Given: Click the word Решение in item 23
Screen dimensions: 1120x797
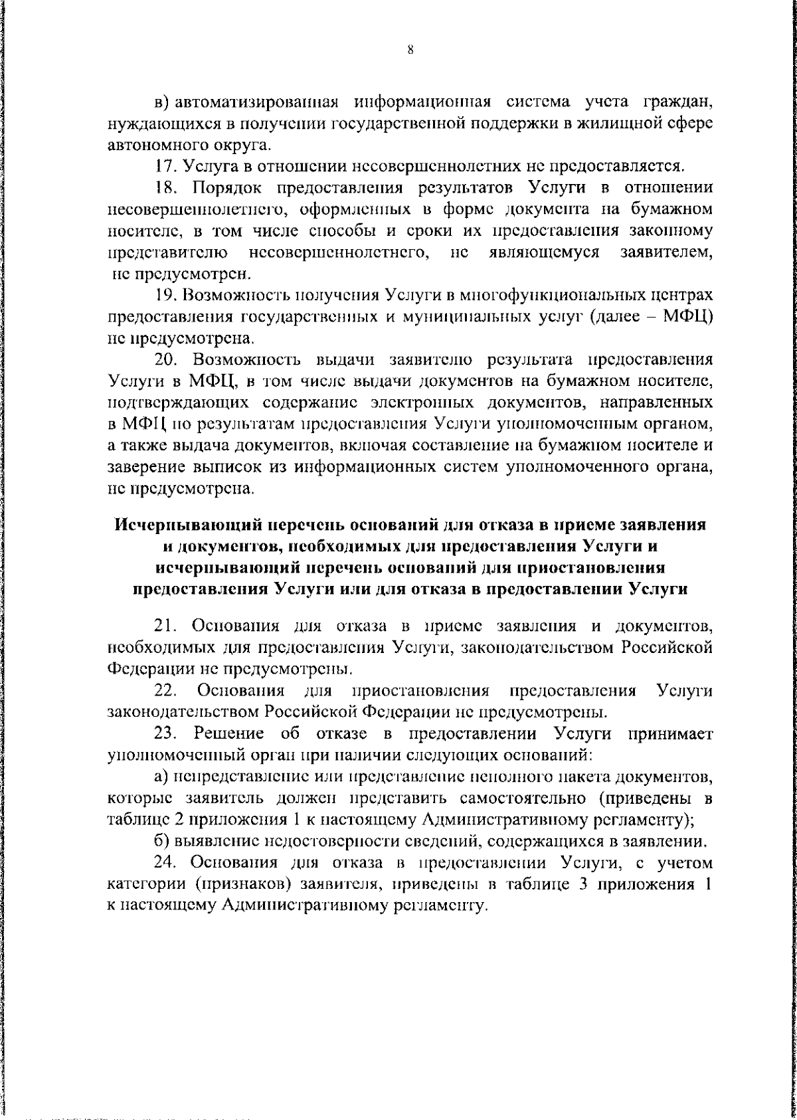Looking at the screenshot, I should tap(229, 733).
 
